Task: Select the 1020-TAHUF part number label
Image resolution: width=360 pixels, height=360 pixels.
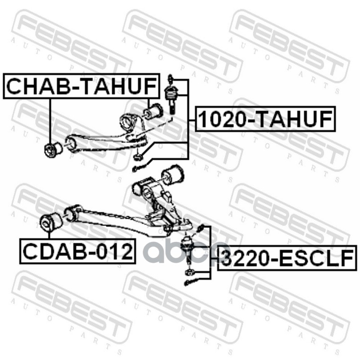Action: pos(265,119)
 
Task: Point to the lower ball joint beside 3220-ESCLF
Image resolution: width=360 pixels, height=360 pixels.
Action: pos(187,246)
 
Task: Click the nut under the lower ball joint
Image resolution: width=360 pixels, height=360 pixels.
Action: pos(189,271)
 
